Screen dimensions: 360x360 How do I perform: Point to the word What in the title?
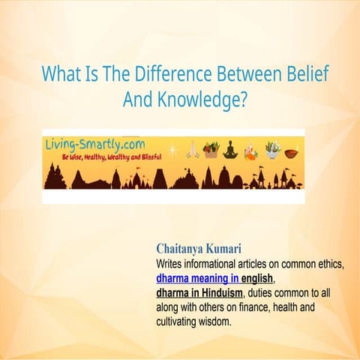[61, 74]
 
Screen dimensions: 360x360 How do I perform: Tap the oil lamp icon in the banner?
[292, 152]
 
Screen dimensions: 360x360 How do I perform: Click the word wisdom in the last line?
[232, 321]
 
